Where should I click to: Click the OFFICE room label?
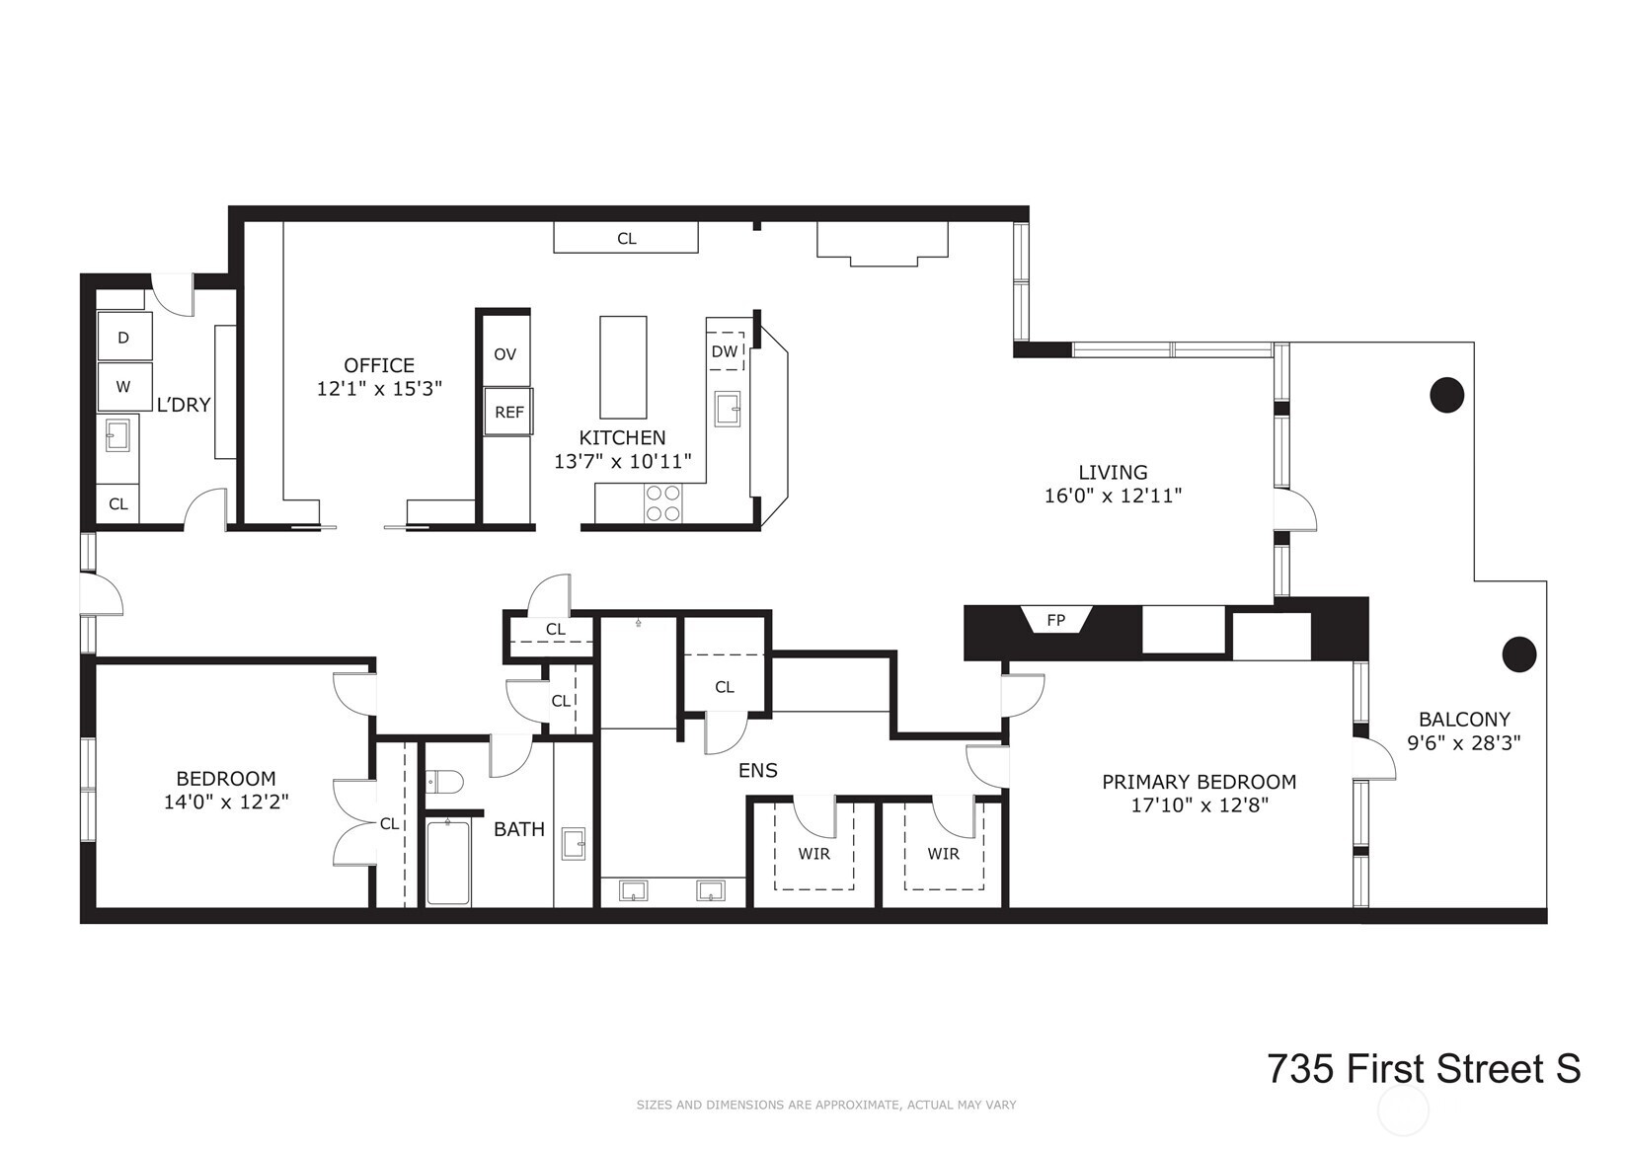[379, 365]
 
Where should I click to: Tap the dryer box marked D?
[124, 338]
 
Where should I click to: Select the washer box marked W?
[124, 387]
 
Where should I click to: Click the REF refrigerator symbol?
[508, 412]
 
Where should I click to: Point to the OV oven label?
[504, 354]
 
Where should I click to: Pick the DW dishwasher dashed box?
[725, 351]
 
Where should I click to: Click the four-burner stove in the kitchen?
[663, 502]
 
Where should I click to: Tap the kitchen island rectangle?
[623, 367]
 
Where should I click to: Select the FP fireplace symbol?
[1056, 620]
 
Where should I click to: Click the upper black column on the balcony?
[1446, 395]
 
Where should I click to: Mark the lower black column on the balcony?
[1518, 653]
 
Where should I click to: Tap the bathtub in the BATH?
[448, 862]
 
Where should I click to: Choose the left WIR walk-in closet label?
[813, 854]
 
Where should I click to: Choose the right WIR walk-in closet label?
[943, 854]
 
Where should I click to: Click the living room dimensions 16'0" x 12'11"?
[1113, 497]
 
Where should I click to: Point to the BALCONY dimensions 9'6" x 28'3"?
[1463, 743]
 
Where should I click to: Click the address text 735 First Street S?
[1424, 1069]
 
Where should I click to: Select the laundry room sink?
[118, 434]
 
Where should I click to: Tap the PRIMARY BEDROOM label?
[1199, 782]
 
